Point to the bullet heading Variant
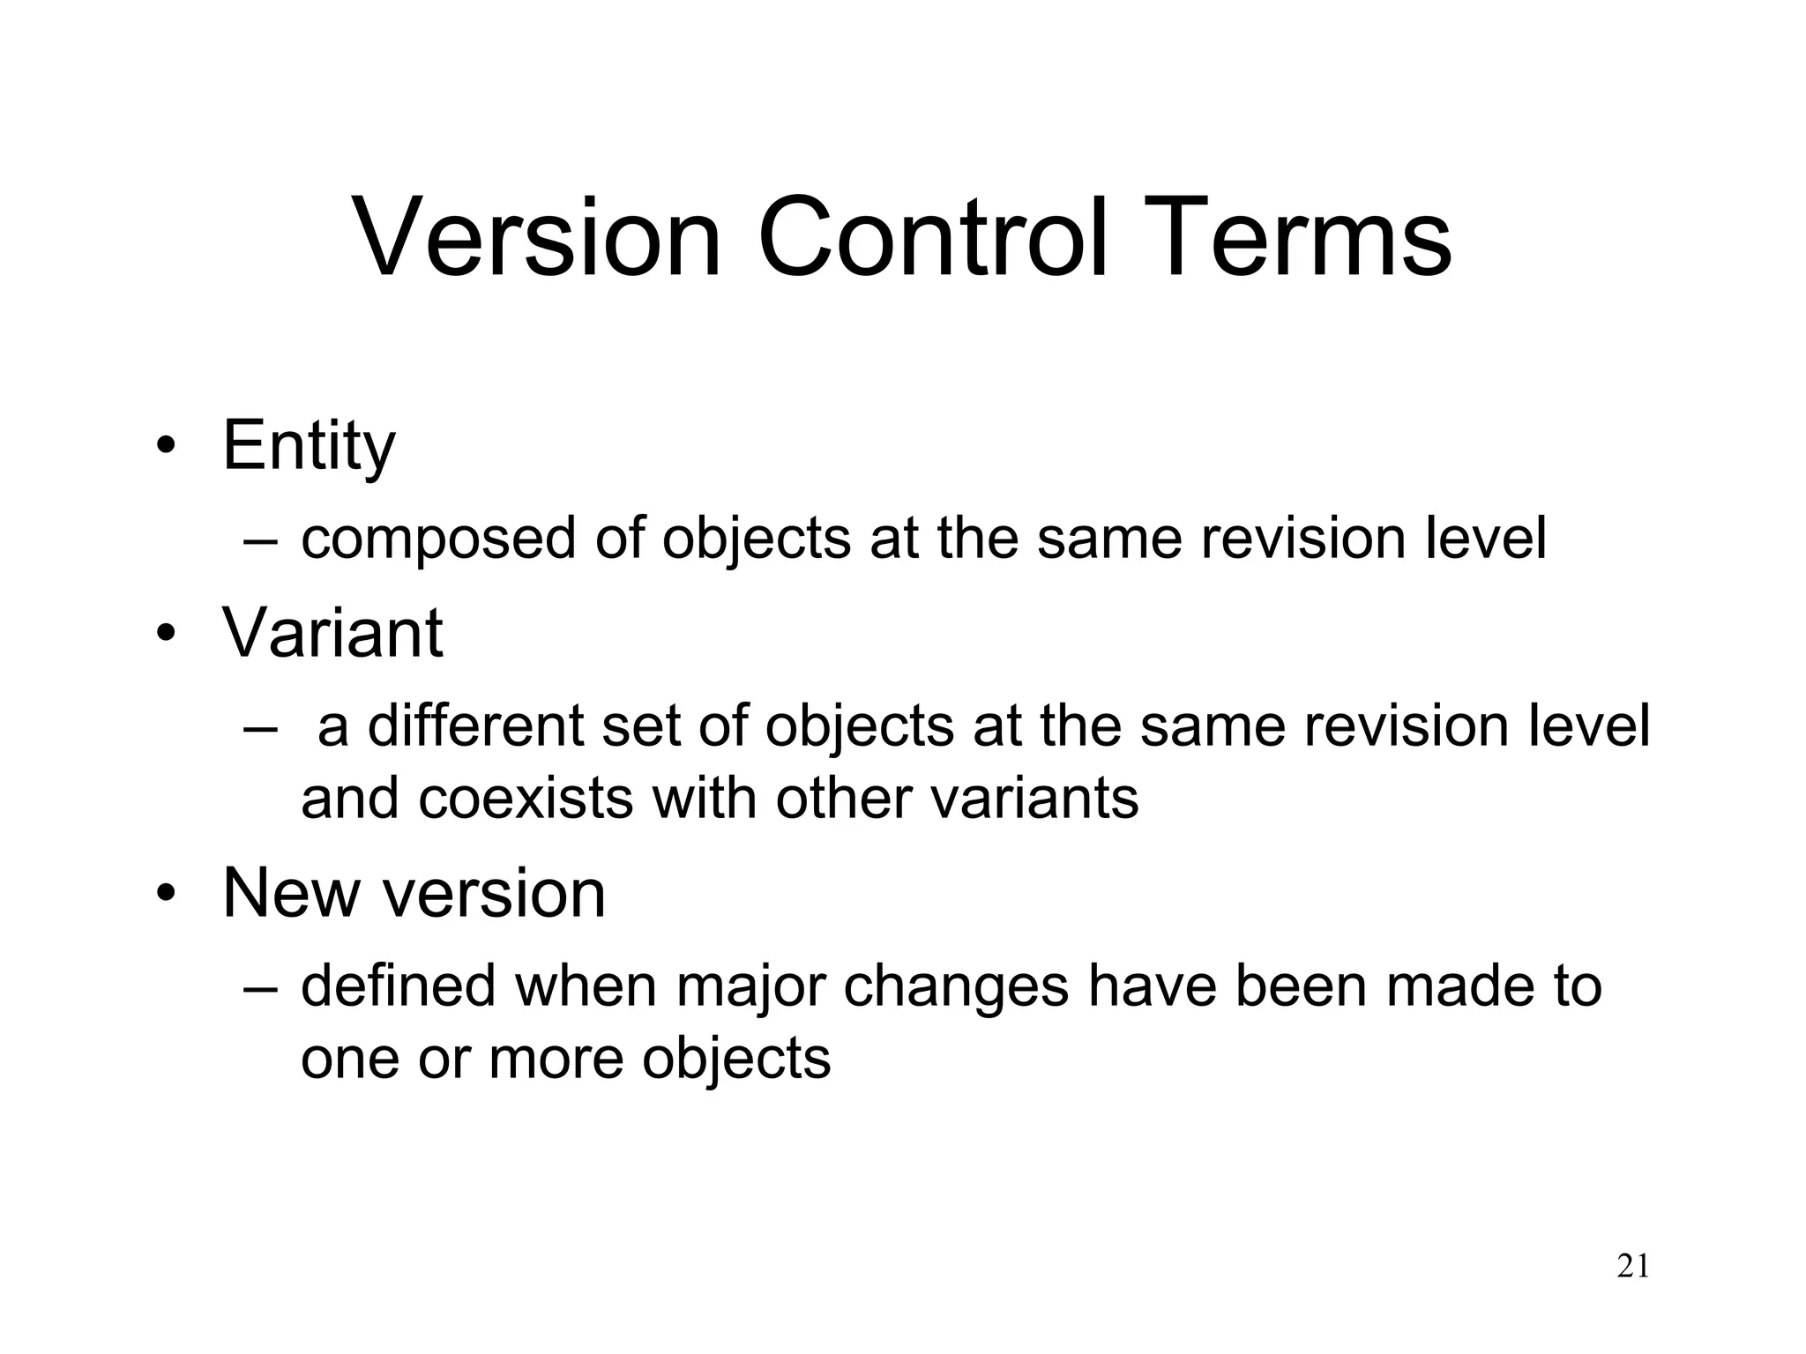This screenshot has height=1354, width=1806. click(x=332, y=632)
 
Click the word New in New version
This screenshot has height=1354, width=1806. click(x=292, y=893)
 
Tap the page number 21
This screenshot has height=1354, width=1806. click(x=1632, y=1267)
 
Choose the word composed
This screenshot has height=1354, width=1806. click(x=438, y=539)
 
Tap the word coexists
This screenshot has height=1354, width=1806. click(x=526, y=799)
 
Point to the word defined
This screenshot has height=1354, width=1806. click(x=399, y=986)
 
